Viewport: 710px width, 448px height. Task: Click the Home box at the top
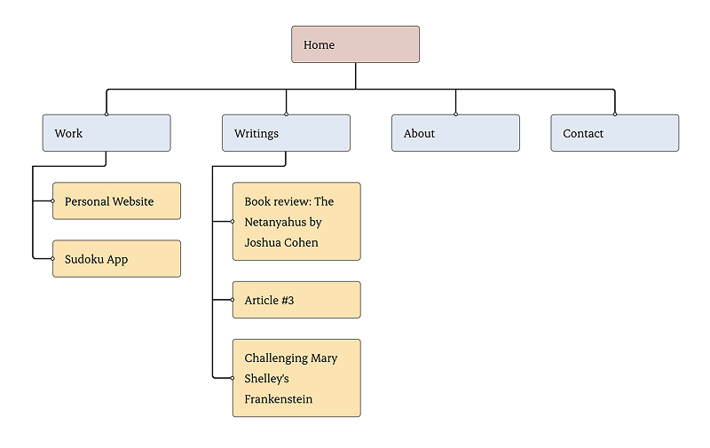[355, 44]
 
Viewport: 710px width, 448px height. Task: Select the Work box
[106, 133]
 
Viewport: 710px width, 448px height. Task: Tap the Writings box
[286, 133]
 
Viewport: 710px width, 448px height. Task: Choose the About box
[455, 133]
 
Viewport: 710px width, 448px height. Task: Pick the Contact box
[614, 133]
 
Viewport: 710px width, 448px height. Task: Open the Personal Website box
[116, 201]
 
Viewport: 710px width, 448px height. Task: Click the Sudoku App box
[116, 259]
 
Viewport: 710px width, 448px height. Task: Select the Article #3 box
[296, 300]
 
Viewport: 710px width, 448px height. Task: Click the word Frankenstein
[279, 399]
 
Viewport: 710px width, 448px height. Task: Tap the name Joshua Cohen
[281, 242]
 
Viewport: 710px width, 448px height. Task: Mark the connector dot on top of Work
[106, 114]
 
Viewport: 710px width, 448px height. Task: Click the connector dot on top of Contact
[614, 114]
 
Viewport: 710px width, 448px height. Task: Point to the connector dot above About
[455, 114]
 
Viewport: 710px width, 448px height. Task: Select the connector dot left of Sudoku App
[53, 259]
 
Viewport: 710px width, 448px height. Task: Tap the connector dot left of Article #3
[233, 300]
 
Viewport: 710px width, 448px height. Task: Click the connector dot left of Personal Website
[53, 201]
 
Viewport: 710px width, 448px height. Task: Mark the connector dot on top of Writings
[286, 114]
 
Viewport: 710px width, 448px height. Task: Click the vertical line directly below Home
[356, 75]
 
